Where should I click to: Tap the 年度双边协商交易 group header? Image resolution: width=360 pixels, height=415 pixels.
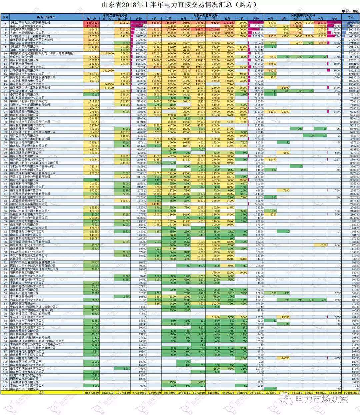(115, 15)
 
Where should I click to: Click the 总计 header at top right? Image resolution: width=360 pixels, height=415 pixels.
(350, 17)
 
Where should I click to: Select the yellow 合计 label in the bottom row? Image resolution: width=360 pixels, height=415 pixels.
(42, 393)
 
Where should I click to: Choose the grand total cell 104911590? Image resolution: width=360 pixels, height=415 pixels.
(351, 393)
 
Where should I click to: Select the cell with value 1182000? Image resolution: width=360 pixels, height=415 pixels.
(109, 53)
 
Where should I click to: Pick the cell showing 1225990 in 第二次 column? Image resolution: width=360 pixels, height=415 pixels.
(109, 71)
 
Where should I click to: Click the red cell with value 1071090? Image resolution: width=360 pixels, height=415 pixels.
(213, 29)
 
